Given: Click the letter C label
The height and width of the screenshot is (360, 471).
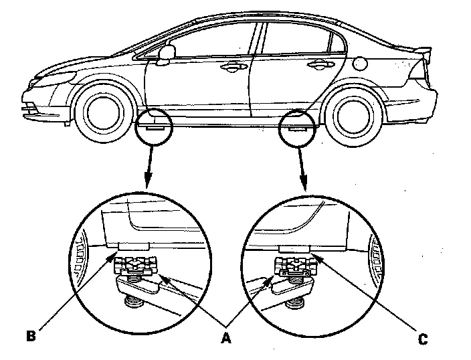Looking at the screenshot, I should pyautogui.click(x=423, y=339).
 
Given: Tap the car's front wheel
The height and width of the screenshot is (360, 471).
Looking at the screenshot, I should pyautogui.click(x=102, y=110).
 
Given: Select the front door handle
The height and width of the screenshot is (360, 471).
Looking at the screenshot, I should pyautogui.click(x=231, y=66).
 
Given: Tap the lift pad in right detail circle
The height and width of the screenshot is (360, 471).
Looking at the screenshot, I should pyautogui.click(x=294, y=268).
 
